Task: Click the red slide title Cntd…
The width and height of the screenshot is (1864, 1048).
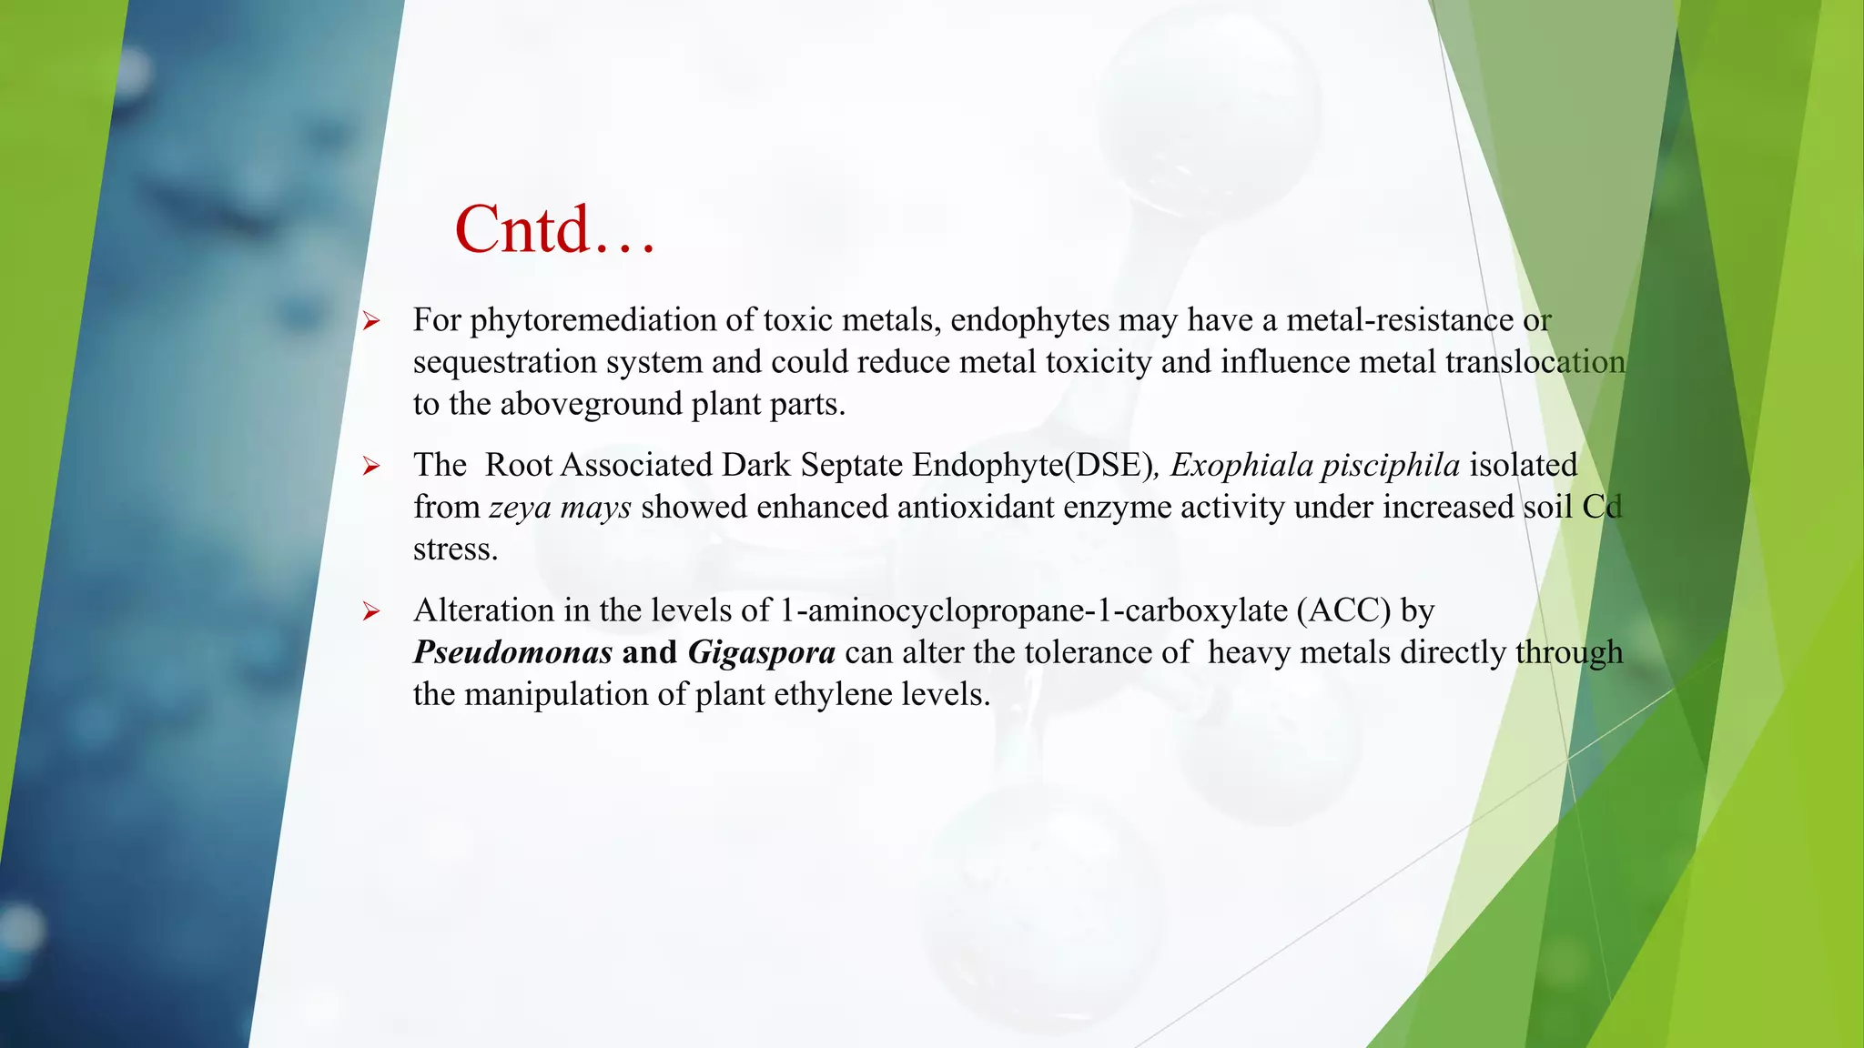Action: [554, 229]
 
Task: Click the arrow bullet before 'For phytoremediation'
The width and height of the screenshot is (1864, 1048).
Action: [370, 321]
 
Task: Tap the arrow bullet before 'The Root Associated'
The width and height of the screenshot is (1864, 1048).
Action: [370, 467]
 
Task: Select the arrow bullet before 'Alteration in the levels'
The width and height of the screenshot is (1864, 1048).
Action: [370, 611]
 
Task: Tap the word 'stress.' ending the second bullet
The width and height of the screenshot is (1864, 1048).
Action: [455, 549]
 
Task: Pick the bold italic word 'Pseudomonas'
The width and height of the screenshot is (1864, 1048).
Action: [512, 652]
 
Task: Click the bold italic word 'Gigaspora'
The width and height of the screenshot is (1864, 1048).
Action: [761, 652]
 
